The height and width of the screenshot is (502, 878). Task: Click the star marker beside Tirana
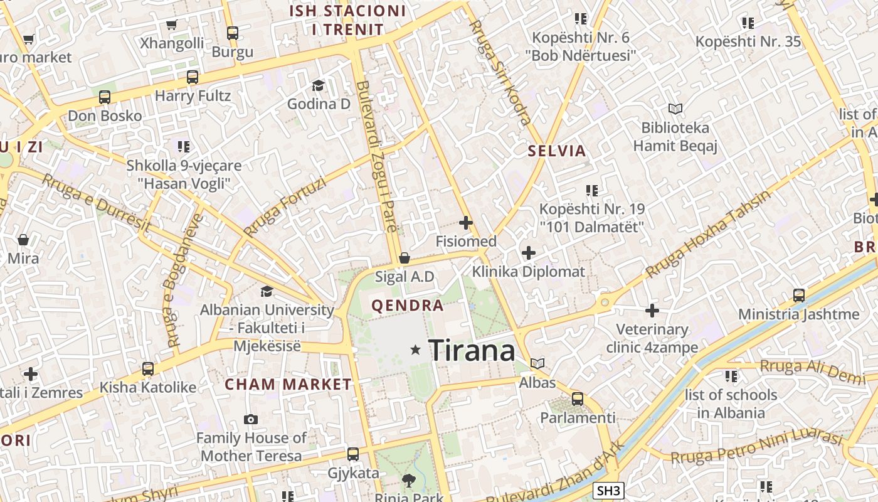coord(415,350)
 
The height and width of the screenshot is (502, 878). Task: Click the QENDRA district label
coord(408,306)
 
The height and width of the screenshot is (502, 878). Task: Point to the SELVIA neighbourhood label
coord(557,151)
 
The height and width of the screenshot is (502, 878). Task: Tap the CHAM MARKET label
coord(288,384)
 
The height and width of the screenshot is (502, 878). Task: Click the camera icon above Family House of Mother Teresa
coord(251,419)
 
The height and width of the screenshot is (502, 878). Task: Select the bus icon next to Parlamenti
coord(578,398)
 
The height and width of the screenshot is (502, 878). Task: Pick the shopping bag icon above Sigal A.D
coord(405,258)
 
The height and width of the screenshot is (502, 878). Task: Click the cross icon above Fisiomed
coord(466,222)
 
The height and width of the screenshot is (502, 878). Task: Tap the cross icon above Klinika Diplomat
coord(529,253)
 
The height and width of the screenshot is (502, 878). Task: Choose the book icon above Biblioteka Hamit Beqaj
coord(675,109)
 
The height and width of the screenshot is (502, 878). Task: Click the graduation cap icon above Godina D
coord(318,85)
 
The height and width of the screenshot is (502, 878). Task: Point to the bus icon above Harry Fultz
coord(193,77)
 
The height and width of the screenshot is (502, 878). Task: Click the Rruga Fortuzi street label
coord(285,207)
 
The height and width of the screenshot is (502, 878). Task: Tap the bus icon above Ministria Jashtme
coord(798,295)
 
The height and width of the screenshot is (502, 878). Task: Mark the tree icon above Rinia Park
coord(409,481)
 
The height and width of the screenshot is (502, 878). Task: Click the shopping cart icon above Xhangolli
coord(171,24)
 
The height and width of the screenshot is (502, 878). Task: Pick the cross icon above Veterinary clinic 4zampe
coord(652,310)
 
